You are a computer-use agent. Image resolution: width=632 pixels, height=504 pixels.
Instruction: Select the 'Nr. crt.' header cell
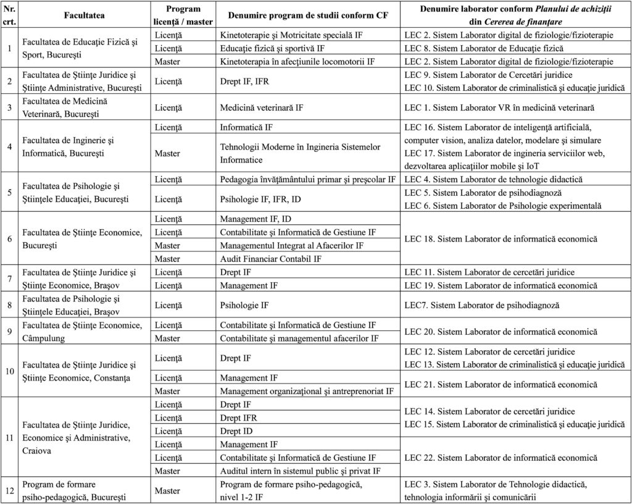pyautogui.click(x=9, y=14)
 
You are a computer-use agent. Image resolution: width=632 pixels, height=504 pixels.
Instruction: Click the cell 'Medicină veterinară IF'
pyautogui.click(x=262, y=107)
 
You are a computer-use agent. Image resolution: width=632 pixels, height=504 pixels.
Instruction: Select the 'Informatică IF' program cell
pyautogui.click(x=247, y=128)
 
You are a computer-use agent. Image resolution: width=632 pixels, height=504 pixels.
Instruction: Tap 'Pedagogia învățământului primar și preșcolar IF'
pyautogui.click(x=307, y=180)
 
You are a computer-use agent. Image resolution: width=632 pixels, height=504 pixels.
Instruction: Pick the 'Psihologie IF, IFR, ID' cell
pyautogui.click(x=261, y=199)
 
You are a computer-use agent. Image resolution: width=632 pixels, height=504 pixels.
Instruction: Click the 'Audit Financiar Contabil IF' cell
pyautogui.click(x=270, y=258)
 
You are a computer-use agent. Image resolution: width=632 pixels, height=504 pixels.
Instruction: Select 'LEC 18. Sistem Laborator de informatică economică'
pyautogui.click(x=501, y=239)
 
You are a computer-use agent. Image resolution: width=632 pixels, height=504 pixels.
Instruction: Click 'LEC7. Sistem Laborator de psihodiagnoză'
pyautogui.click(x=481, y=305)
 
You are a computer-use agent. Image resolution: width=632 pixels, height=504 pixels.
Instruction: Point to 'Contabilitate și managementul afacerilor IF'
pyautogui.click(x=299, y=338)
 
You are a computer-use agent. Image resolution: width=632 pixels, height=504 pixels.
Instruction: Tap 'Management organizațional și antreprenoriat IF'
pyautogui.click(x=307, y=391)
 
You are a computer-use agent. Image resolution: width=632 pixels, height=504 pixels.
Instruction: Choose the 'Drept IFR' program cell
pyautogui.click(x=238, y=418)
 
